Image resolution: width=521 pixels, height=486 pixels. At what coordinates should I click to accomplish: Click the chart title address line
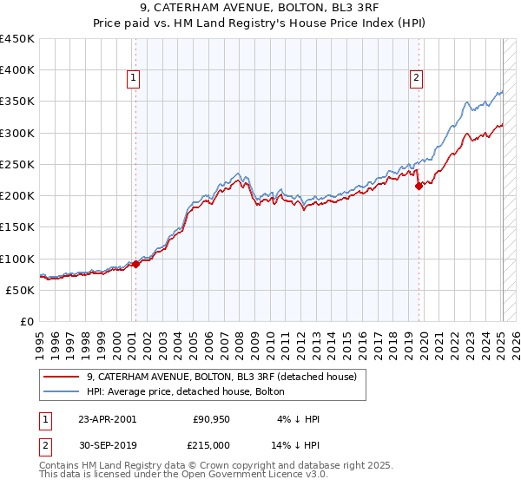pyautogui.click(x=260, y=10)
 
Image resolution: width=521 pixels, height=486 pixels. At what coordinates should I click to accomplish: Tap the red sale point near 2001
pyautogui.click(x=135, y=264)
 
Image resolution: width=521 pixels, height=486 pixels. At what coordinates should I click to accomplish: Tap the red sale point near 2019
pyautogui.click(x=419, y=186)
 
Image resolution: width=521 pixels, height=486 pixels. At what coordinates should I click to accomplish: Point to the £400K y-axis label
pyautogui.click(x=17, y=70)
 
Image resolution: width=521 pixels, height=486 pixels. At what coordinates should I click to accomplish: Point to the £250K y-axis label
pyautogui.click(x=17, y=164)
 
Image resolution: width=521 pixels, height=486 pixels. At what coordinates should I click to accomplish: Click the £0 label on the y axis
pyautogui.click(x=27, y=321)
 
